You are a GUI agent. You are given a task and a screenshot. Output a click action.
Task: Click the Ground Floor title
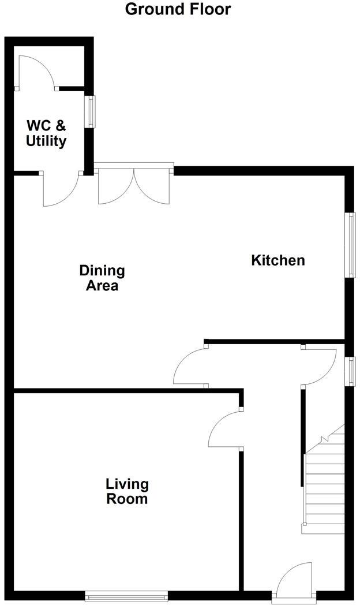pyautogui.click(x=178, y=9)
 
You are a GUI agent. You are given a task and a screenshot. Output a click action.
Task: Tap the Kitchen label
pyautogui.click(x=277, y=260)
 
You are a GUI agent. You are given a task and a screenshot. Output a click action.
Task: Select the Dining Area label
pyautogui.click(x=102, y=278)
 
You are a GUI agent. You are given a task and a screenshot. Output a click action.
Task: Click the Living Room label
pyautogui.click(x=127, y=491)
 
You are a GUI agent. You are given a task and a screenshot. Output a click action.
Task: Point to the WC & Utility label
pyautogui.click(x=46, y=133)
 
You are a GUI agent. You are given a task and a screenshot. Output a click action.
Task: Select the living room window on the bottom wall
pyautogui.click(x=126, y=595)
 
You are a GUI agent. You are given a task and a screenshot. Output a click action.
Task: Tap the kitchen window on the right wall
pyautogui.click(x=350, y=245)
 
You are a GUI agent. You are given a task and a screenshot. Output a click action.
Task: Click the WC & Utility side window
pyautogui.click(x=91, y=111)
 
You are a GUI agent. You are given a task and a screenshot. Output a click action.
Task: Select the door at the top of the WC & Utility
pyautogui.click(x=36, y=72)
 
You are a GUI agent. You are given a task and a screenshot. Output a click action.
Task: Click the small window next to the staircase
pyautogui.click(x=350, y=371)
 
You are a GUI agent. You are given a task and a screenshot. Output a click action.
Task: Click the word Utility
pyautogui.click(x=46, y=141)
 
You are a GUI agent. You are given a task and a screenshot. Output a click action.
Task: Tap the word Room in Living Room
pyautogui.click(x=127, y=499)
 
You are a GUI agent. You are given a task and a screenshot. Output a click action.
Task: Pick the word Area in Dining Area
pyautogui.click(x=102, y=286)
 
